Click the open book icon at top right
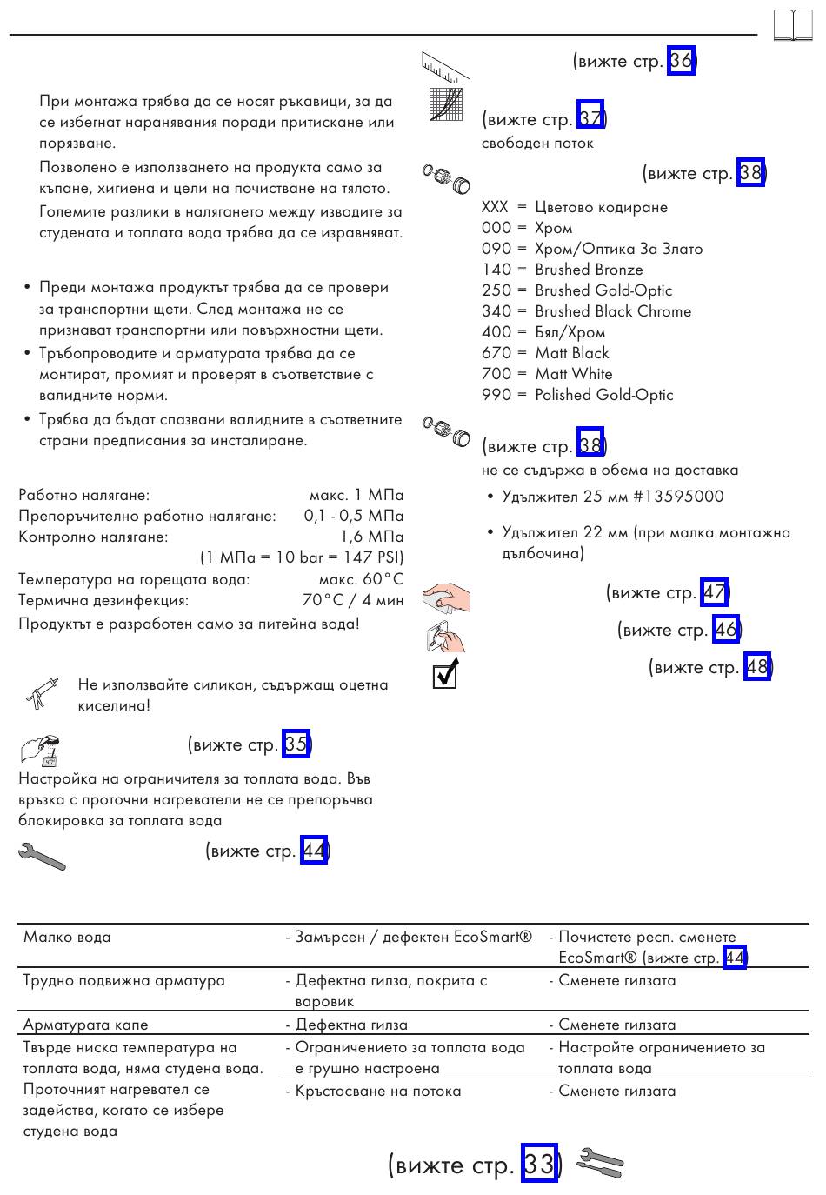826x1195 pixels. (792, 26)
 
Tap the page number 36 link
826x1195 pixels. (681, 61)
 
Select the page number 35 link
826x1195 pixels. (296, 744)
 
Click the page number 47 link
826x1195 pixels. (715, 593)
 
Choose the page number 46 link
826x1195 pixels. (726, 630)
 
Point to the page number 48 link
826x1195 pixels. (757, 667)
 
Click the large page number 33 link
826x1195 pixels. (538, 1164)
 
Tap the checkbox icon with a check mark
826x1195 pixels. (444, 674)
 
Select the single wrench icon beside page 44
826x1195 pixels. (41, 856)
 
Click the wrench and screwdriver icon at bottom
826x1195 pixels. (600, 1163)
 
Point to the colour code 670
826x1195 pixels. (496, 353)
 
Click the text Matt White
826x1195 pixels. (573, 374)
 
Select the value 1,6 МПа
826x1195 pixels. (371, 537)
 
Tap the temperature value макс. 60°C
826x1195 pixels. (361, 579)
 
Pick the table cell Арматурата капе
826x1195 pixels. (86, 1025)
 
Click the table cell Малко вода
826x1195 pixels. (68, 938)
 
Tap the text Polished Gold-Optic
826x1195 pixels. (603, 395)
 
